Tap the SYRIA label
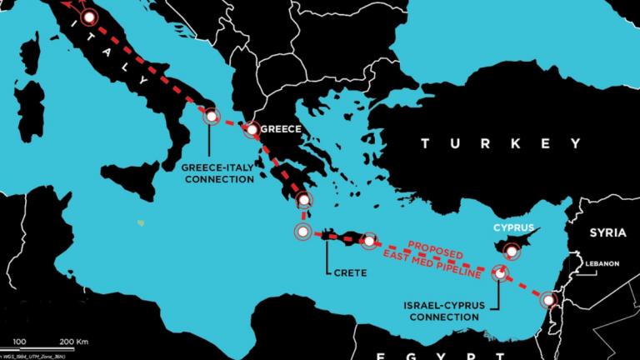click(607, 232)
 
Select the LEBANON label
click(602, 263)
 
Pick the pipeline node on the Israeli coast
click(548, 299)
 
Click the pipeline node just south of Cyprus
click(500, 272)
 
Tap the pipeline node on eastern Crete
click(368, 241)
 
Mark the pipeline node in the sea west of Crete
click(302, 232)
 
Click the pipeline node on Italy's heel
click(212, 117)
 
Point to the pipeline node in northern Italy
click(88, 17)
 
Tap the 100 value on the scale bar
click(18, 341)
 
